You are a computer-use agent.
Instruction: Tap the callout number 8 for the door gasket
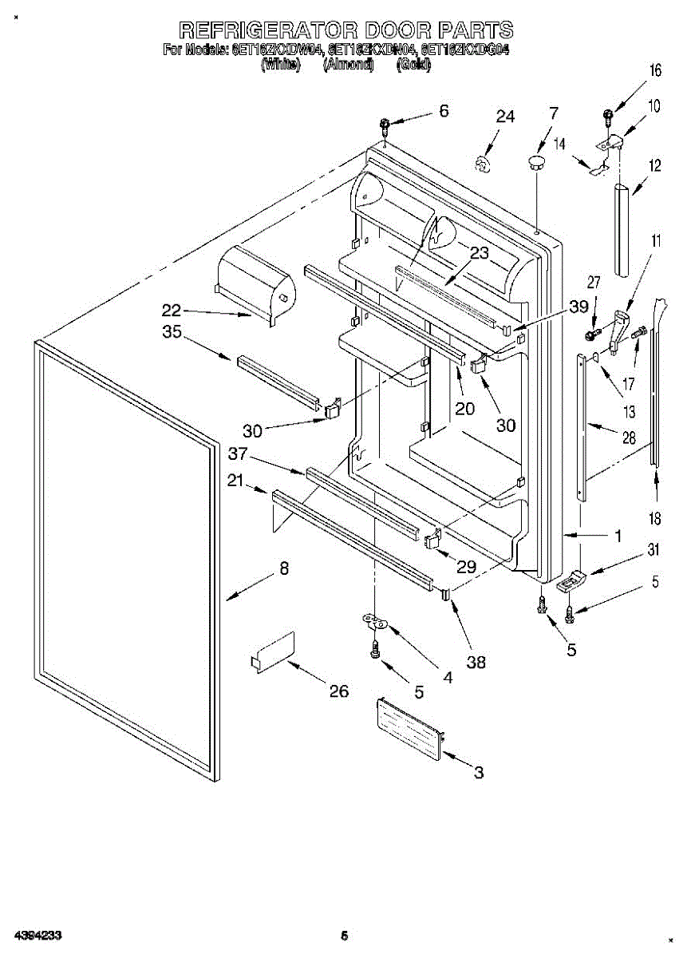pos(282,569)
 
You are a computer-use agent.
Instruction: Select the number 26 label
pos(339,691)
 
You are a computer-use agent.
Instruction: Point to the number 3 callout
pos(478,772)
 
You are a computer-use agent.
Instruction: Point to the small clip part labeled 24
pos(481,164)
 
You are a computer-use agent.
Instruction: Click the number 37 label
pos(236,455)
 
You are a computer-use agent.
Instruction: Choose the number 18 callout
pos(655,519)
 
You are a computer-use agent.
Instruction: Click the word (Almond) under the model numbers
pos(348,65)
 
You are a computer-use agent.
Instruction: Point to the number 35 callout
pos(172,333)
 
